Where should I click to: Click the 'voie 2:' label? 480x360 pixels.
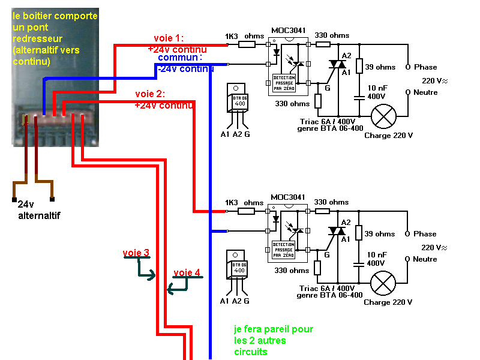tap(150, 94)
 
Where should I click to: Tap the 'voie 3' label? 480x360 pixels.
tap(136, 253)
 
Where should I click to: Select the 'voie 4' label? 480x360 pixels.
tap(187, 273)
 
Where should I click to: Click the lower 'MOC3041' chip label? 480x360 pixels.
tap(288, 197)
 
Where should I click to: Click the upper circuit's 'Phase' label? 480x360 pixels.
tap(425, 67)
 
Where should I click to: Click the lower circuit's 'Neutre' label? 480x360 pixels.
tap(425, 259)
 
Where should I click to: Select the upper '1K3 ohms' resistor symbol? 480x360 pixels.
tap(247, 44)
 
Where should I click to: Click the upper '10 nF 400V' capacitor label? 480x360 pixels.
tap(379, 92)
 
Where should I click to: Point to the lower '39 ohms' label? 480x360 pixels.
tap(380, 234)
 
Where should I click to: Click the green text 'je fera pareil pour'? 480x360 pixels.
tap(273, 329)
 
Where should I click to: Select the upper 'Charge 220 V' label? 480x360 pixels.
tap(388, 136)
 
